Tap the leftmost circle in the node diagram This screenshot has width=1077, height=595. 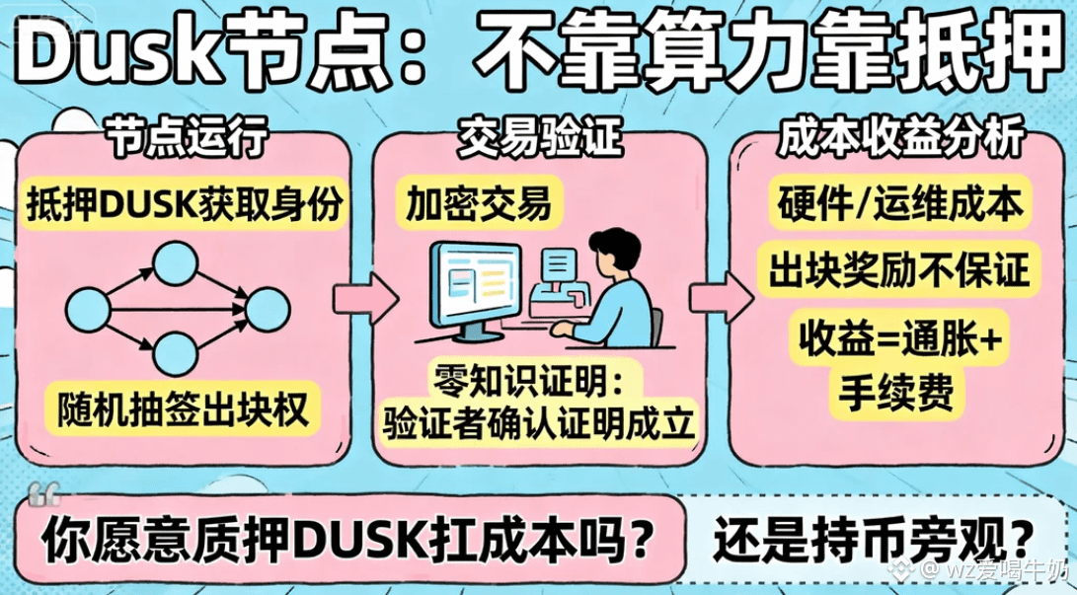[x=88, y=311]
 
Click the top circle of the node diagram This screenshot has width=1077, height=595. [x=175, y=262]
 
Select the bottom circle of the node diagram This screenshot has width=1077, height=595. [x=175, y=354]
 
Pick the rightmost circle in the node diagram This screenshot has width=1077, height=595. [x=268, y=310]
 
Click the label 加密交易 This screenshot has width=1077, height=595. [x=479, y=203]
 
